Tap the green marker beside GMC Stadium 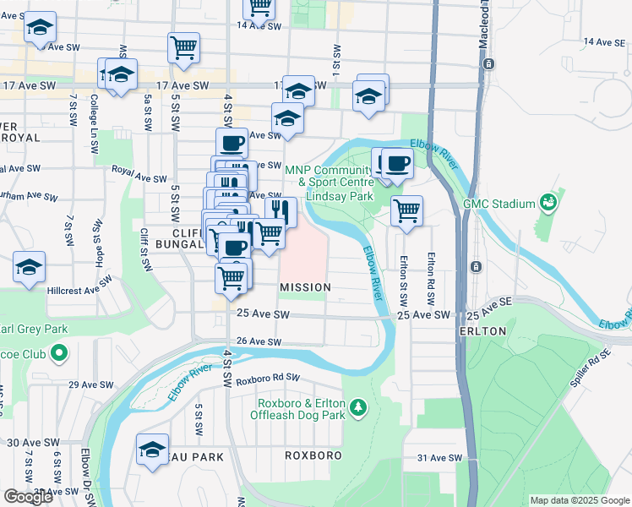point(548,204)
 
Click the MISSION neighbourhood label point(305,287)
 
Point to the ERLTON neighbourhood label point(482,330)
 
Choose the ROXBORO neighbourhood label point(313,455)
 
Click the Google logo point(28,497)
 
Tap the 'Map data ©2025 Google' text point(579,500)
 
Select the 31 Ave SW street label point(441,458)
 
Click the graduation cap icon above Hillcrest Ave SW point(30,267)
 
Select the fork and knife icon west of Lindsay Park point(280,210)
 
